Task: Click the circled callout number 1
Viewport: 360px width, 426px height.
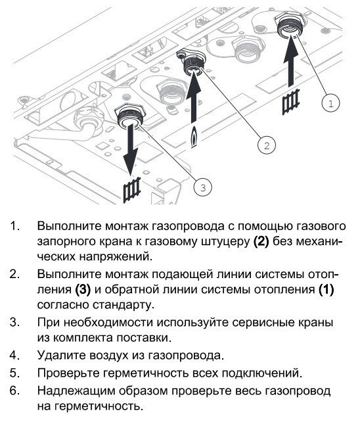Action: (x=330, y=103)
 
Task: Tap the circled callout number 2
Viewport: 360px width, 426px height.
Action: (x=267, y=145)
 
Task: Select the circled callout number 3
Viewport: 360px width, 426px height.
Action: (x=203, y=187)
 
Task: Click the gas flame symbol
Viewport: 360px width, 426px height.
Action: (x=194, y=137)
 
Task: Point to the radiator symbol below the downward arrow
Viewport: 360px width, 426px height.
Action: (x=132, y=190)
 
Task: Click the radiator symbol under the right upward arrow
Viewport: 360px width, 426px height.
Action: (x=291, y=102)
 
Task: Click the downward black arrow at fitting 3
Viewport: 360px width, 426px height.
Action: (x=131, y=149)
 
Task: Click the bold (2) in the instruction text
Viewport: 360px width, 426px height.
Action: (x=261, y=241)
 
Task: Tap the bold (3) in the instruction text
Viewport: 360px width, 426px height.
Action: (x=83, y=289)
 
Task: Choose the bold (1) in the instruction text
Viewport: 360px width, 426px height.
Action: (x=326, y=289)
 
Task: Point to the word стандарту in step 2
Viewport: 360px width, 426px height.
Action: (x=124, y=306)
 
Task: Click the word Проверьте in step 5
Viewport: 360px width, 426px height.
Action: (x=68, y=373)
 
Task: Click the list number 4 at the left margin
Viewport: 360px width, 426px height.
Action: (x=14, y=355)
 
